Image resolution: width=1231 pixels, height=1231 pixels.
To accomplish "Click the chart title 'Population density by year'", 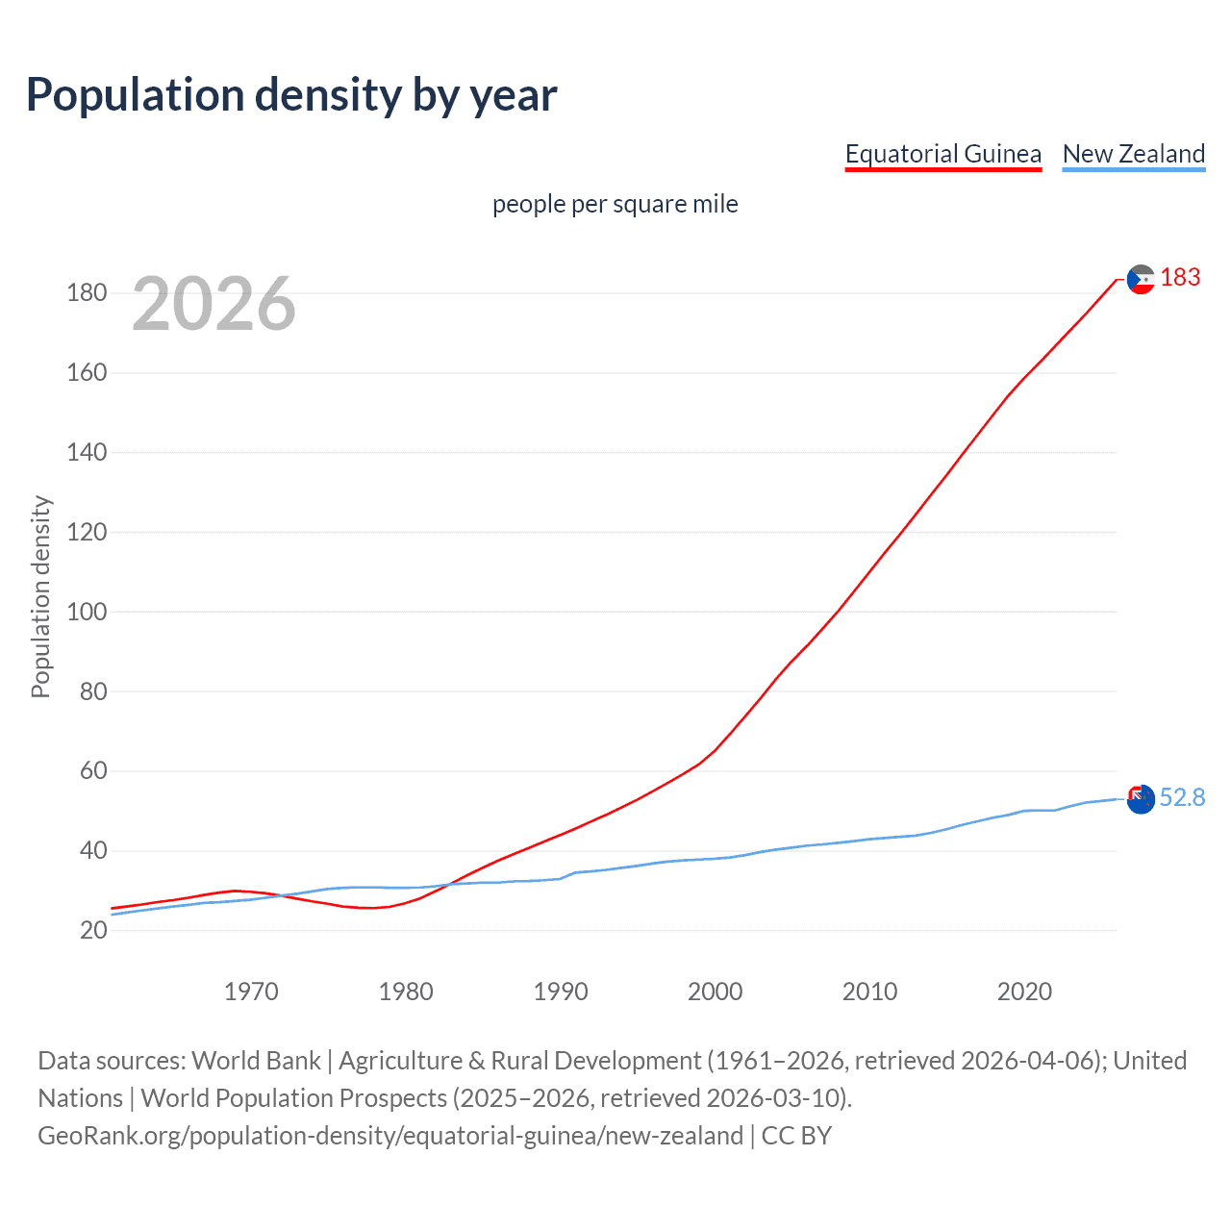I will (291, 95).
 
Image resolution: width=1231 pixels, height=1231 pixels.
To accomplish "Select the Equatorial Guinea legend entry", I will (942, 154).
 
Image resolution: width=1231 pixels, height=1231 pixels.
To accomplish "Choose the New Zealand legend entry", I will (1133, 154).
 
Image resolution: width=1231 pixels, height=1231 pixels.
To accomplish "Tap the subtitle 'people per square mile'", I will (615, 204).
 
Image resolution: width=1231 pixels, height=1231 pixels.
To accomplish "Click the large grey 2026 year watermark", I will (214, 304).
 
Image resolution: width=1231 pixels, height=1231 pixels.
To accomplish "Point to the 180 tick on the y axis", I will (87, 292).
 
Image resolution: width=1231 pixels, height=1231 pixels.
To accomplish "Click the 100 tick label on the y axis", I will (87, 612).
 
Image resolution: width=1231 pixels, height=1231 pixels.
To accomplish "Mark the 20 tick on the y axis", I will (93, 930).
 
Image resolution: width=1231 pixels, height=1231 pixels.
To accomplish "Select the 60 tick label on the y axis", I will (93, 770).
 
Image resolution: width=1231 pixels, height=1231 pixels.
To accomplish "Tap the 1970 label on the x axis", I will (251, 992).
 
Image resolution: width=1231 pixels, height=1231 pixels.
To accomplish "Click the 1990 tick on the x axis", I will (561, 992).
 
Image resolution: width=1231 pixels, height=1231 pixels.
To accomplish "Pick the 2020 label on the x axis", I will (1024, 992).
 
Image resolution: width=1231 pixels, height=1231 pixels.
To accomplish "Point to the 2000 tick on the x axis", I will (716, 992).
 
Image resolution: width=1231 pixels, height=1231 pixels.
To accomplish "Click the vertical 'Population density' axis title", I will (40, 596).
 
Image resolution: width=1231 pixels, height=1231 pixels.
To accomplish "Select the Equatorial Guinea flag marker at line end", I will (1141, 279).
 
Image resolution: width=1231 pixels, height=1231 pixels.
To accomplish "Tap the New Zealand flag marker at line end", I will (1141, 798).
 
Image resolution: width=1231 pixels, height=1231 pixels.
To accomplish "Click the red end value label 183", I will (1180, 278).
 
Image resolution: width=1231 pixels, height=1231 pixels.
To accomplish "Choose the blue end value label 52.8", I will (1182, 797).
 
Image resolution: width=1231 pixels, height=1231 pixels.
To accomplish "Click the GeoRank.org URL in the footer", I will (390, 1136).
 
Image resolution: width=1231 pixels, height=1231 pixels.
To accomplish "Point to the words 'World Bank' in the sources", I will (256, 1061).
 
